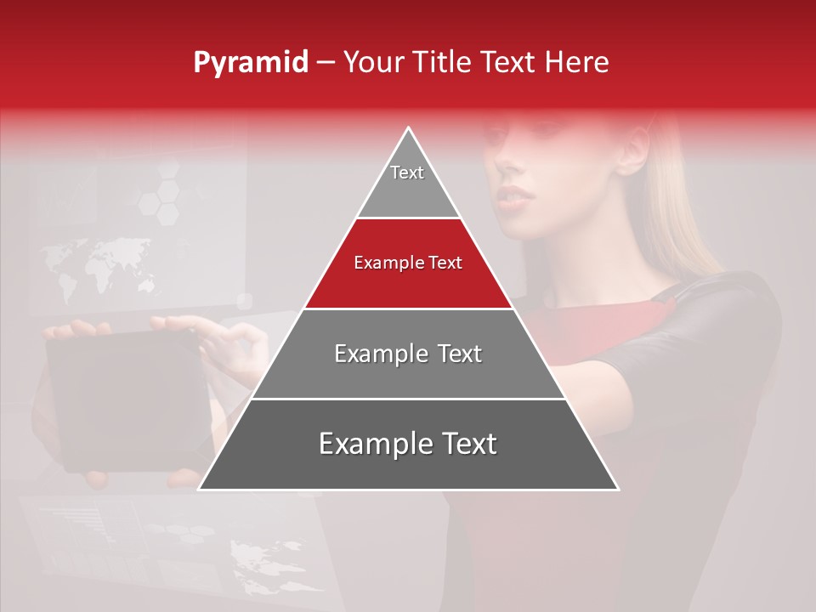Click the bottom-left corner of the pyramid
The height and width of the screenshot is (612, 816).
pyautogui.click(x=201, y=488)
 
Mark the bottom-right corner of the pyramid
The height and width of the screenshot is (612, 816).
pyautogui.click(x=617, y=488)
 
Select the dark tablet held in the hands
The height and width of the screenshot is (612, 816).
pyautogui.click(x=127, y=399)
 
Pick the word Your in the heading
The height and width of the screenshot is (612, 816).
pyautogui.click(x=371, y=63)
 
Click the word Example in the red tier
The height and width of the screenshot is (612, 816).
pyautogui.click(x=383, y=263)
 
